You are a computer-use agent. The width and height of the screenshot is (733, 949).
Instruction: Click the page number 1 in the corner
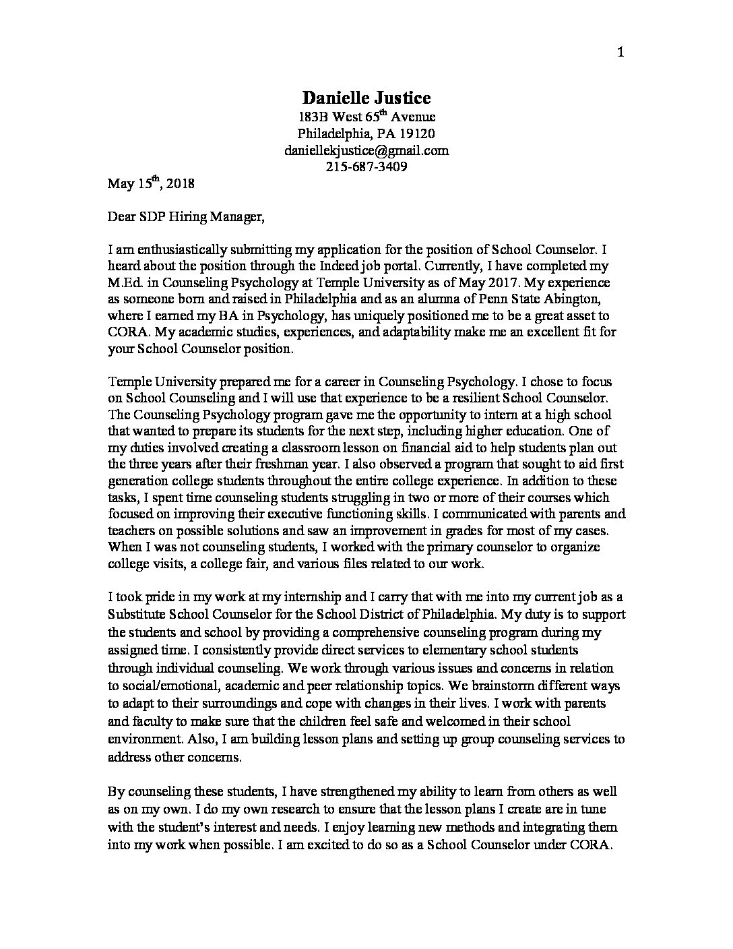[x=620, y=53]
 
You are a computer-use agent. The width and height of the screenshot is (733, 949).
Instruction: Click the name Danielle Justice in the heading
[x=366, y=98]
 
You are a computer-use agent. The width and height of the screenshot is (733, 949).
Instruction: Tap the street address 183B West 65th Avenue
[x=366, y=117]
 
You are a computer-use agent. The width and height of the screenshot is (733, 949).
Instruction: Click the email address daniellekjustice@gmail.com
[x=366, y=150]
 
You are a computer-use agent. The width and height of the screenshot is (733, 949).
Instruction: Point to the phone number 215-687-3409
[x=366, y=166]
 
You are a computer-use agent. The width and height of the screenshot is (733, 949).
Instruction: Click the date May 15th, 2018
[x=151, y=183]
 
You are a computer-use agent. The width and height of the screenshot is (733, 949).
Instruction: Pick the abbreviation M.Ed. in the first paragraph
[x=125, y=282]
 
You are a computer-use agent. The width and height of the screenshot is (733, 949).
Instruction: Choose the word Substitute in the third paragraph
[x=138, y=615]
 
